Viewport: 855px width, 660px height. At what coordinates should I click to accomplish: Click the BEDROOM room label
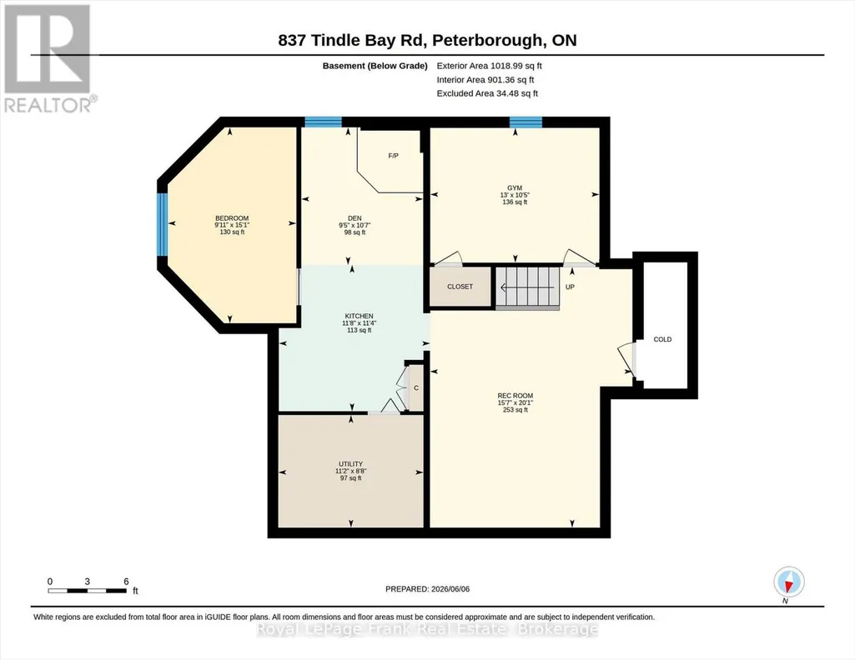coord(232,218)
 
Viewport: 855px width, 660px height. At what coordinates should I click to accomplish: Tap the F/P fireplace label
coord(393,156)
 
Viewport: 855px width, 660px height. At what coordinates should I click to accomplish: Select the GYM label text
coord(515,187)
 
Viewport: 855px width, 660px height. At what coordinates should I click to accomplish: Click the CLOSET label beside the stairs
coord(460,287)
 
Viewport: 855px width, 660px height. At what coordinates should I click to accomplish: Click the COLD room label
coord(662,339)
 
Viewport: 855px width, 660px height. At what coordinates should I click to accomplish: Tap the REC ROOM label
coord(516,396)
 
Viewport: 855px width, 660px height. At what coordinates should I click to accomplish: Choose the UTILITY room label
coord(350,464)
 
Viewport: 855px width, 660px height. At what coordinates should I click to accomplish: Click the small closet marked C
coord(416,387)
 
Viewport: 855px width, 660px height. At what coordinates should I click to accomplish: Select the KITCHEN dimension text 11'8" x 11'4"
coord(360,323)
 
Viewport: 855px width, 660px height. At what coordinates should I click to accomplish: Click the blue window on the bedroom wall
coord(162,224)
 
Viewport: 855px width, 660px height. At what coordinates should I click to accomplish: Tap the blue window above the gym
coord(526,122)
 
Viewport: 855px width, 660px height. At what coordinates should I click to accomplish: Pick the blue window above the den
coord(323,122)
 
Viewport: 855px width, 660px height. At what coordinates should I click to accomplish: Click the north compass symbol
coord(788,582)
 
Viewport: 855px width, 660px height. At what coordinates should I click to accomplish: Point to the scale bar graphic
coord(88,590)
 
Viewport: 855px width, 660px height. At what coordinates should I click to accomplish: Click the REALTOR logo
coord(48,58)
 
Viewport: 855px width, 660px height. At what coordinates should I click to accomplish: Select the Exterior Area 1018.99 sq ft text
coord(489,66)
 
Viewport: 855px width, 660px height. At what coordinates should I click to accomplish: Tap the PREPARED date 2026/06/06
coord(427,588)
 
